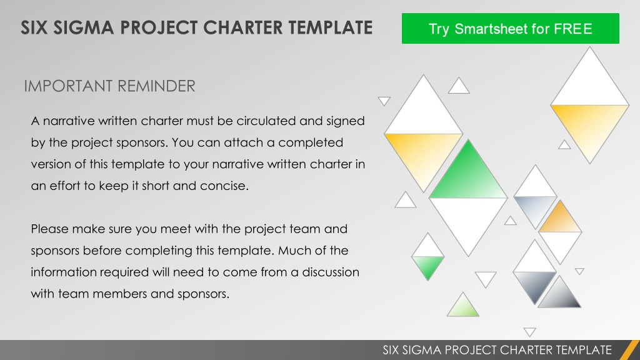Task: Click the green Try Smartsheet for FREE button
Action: tap(510, 28)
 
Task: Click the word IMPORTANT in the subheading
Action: tap(67, 86)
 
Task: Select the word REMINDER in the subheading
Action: tap(157, 86)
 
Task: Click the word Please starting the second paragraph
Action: tap(50, 229)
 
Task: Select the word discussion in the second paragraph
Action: tap(331, 272)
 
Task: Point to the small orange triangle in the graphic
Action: tap(560, 216)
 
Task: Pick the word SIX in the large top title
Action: tap(34, 27)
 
